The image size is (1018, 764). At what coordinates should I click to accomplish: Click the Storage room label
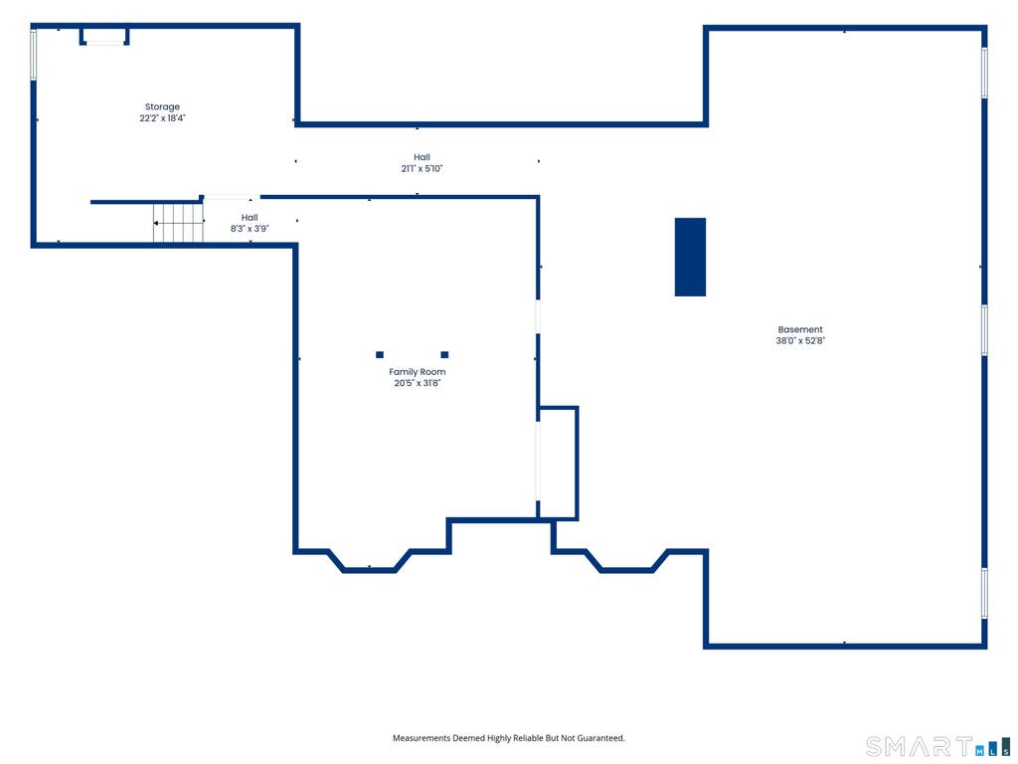[x=162, y=107]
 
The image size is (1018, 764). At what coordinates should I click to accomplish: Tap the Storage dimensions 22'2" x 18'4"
[x=162, y=118]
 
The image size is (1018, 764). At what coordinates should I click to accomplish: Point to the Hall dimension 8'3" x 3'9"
[x=250, y=229]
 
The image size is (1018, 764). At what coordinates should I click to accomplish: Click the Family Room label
[x=418, y=372]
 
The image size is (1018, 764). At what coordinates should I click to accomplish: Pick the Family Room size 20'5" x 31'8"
[x=418, y=383]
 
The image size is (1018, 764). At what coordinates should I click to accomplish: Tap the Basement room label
[x=800, y=329]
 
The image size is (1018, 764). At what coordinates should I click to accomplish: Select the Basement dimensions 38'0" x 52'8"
[x=800, y=340]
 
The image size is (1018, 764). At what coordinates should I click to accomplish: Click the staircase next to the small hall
[x=178, y=223]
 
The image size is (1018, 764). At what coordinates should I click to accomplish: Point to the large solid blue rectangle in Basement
[x=690, y=258]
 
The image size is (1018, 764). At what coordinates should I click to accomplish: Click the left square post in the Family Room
[x=380, y=355]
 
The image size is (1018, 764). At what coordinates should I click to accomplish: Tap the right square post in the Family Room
[x=444, y=355]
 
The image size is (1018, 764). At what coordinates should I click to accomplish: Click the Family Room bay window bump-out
[x=369, y=570]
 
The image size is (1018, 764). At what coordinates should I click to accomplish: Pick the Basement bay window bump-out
[x=626, y=570]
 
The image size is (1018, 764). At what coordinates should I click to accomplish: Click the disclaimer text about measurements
[x=509, y=738]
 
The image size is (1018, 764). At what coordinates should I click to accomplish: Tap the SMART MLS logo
[x=938, y=746]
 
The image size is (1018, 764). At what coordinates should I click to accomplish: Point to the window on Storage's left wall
[x=34, y=55]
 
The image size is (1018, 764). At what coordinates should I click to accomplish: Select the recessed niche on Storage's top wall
[x=104, y=36]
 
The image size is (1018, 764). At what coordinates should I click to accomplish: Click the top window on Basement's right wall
[x=984, y=73]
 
